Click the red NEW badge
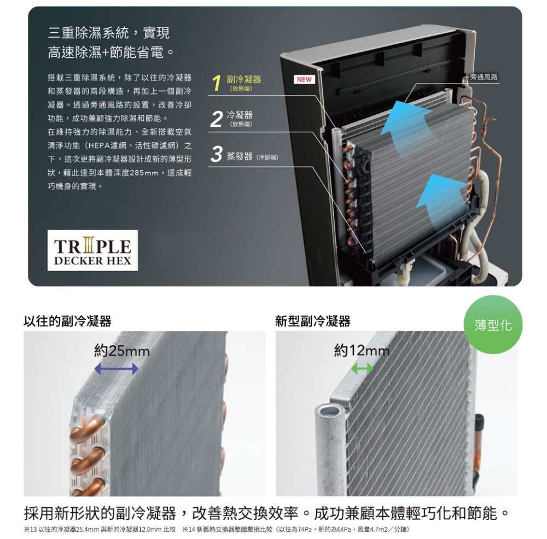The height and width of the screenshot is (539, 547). coord(304,79)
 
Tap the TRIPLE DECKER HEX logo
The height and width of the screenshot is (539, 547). coord(93,250)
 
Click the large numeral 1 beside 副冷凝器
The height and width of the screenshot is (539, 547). coord(217,83)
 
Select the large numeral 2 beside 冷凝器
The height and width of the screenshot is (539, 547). coord(217,119)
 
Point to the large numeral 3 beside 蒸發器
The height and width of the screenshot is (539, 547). coord(217,154)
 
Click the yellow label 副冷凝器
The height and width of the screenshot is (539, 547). coord(244,79)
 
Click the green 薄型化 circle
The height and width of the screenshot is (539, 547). coord(493,325)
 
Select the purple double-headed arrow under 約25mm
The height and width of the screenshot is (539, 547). coord(116,368)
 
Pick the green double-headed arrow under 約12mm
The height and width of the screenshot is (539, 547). coord(362,368)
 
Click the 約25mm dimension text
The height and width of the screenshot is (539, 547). coord(122,351)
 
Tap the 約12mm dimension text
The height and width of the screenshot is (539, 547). coord(362,350)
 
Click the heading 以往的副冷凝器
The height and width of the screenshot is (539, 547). coord(67,321)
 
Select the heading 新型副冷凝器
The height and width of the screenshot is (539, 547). coord(312,321)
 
